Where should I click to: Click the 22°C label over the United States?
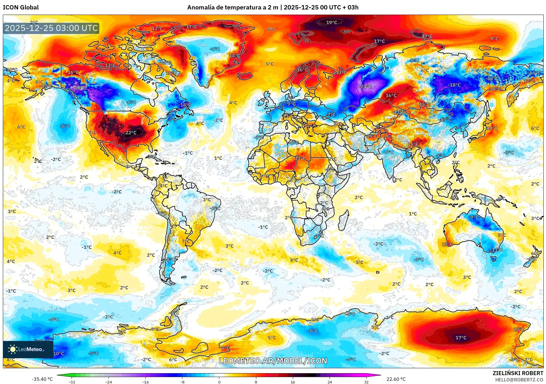(131, 132)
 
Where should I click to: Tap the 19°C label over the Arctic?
(332, 22)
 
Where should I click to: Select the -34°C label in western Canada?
(80, 87)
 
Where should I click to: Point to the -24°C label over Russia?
(366, 86)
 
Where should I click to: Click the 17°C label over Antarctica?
(461, 338)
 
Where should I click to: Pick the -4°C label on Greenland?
(215, 49)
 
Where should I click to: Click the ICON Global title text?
(21, 7)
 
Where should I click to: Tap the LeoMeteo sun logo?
(13, 349)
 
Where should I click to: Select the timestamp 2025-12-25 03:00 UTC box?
(51, 28)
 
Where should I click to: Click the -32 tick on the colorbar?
(72, 382)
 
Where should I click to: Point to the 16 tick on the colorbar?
(293, 382)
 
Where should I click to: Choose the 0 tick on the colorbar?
(219, 382)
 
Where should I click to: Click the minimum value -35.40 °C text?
(42, 379)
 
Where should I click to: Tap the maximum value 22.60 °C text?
(396, 379)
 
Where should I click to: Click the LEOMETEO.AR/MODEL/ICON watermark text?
(273, 361)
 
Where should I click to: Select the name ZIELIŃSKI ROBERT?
(518, 373)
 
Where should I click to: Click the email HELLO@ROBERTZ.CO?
(519, 380)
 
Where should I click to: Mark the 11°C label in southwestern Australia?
(447, 244)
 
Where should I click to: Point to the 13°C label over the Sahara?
(300, 158)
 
